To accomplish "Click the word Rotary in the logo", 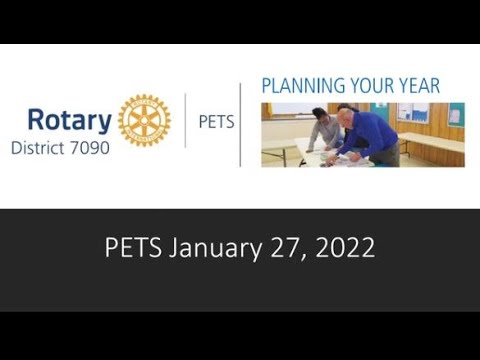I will click(x=69, y=121).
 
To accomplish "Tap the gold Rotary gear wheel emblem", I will click(x=144, y=121).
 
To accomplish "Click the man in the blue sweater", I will click(x=372, y=135).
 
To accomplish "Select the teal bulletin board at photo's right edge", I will click(x=456, y=114).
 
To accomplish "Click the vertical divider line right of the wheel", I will click(x=186, y=121).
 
